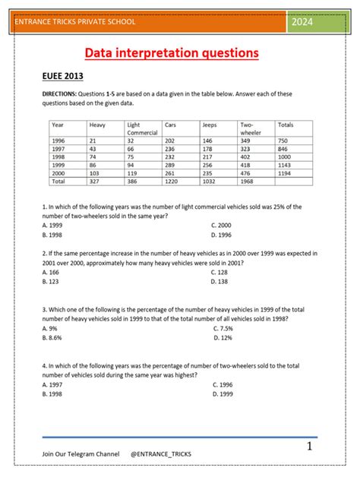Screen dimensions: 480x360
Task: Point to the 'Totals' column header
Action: click(286, 124)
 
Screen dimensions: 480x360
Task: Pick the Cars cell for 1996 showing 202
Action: click(170, 141)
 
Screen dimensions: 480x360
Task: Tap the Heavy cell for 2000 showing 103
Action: click(96, 173)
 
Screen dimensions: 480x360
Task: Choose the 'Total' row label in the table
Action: click(59, 182)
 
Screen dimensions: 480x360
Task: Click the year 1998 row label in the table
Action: click(58, 157)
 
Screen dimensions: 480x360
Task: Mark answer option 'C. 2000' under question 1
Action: click(223, 226)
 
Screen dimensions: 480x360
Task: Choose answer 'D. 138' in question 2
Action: click(220, 281)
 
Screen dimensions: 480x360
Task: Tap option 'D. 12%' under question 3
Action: click(222, 337)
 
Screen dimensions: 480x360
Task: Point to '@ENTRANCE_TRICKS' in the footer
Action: click(161, 453)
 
